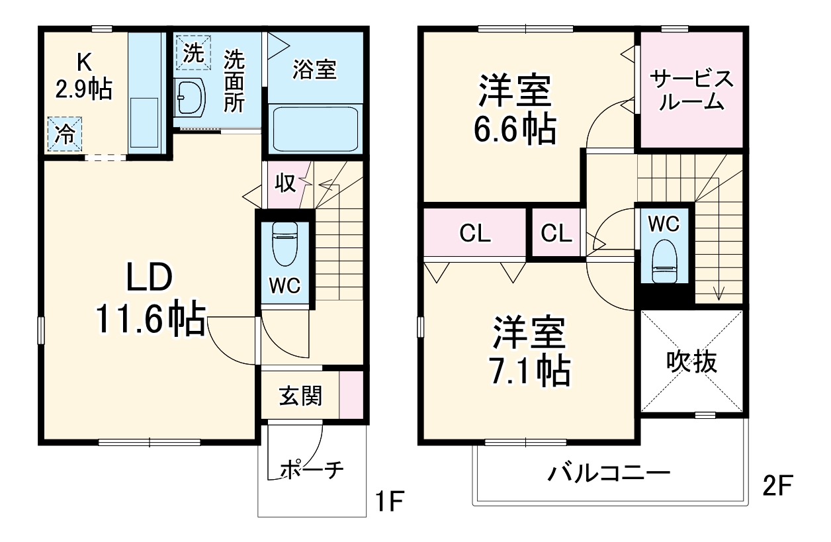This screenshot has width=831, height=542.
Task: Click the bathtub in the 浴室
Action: coord(315,128)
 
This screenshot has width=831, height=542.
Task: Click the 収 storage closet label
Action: coord(286,183)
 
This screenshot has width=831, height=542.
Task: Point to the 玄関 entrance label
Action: coord(301,396)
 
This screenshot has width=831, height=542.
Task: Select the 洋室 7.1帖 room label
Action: coord(529,351)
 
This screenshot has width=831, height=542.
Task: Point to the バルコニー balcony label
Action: coord(609,474)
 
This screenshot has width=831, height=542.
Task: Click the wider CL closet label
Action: coord(475,233)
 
